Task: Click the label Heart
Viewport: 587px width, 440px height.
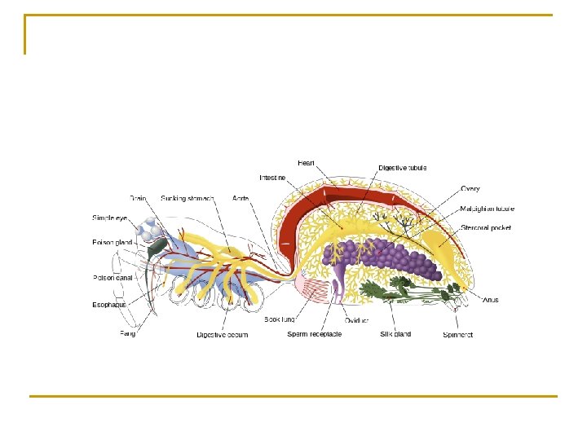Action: coord(307,163)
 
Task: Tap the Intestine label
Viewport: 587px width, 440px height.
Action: coord(273,177)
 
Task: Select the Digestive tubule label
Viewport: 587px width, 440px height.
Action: coord(403,168)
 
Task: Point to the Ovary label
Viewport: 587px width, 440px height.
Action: coord(470,189)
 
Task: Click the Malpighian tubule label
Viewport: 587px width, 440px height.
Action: coord(488,209)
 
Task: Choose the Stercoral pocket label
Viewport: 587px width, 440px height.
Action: coord(486,228)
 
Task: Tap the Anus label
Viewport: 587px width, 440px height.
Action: coord(490,300)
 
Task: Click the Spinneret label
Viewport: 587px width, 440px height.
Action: coord(458,334)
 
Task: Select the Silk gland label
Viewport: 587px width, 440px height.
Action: coord(395,334)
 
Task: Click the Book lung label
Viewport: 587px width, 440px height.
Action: coord(279,319)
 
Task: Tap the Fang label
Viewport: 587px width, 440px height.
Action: coord(128,334)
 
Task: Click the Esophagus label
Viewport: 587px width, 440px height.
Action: coord(109,306)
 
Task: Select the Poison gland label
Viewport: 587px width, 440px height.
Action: coord(111,242)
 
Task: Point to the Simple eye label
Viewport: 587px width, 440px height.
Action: coord(109,218)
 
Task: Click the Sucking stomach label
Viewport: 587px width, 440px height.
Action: coord(188,198)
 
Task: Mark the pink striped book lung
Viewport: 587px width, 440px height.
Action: coord(314,286)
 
